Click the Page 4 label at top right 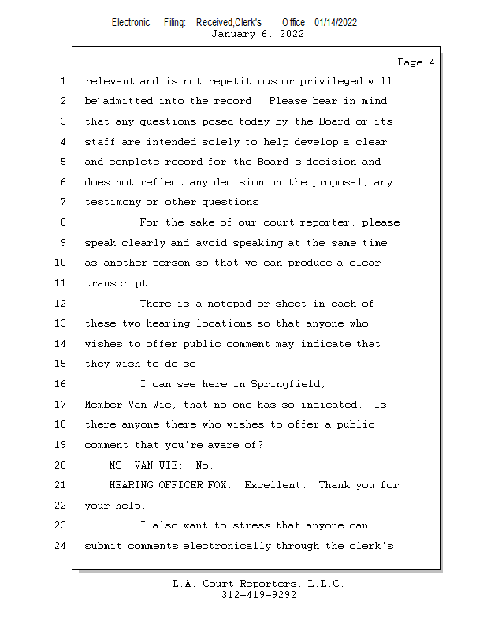point(415,62)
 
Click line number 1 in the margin point(63,81)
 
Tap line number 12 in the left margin point(61,304)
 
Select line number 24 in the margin point(61,546)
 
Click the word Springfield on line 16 point(287,384)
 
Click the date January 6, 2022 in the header point(258,34)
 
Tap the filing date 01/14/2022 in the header point(336,22)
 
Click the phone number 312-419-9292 point(258,596)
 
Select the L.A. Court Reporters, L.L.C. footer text point(258,584)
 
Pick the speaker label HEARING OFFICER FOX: point(170,485)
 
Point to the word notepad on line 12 point(229,304)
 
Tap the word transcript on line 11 point(118,283)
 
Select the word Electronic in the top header point(131,22)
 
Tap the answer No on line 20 point(204,465)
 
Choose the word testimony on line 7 point(112,203)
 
